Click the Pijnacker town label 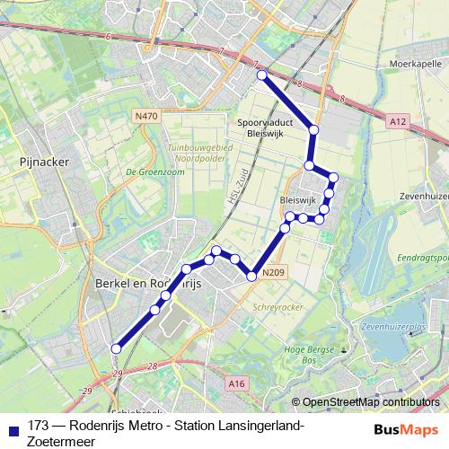38,163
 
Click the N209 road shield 274,272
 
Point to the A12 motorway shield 399,119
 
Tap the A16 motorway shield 236,383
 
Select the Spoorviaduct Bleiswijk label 262,128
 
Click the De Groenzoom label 149,172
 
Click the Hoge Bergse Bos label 303,353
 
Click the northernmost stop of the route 262,75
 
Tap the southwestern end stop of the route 115,348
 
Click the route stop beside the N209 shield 252,275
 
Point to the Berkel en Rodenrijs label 149,282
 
